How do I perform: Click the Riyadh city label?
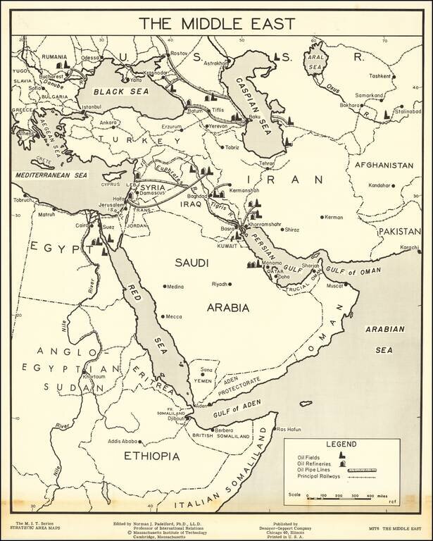[220, 284]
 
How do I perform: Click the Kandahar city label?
[378, 185]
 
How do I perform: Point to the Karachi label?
[409, 247]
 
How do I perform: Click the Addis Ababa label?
[123, 442]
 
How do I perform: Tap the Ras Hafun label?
[290, 429]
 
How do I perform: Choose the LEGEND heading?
[341, 444]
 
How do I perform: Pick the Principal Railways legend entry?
[318, 476]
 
